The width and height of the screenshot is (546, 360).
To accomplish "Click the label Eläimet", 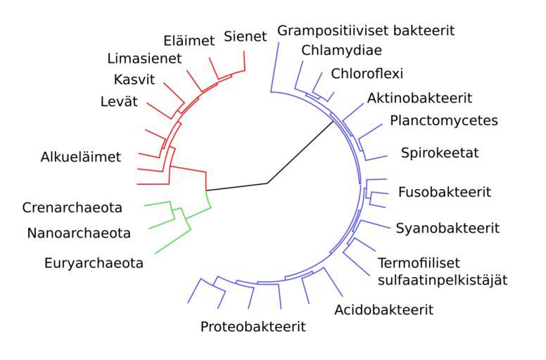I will (189, 41).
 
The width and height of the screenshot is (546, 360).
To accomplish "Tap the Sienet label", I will (246, 37).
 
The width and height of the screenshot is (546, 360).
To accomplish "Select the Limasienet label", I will (145, 58).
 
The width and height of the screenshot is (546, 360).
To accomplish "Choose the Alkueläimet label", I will (81, 157).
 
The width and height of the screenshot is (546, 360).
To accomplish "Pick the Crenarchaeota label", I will (72, 207).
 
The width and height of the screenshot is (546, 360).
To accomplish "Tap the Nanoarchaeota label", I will (79, 233).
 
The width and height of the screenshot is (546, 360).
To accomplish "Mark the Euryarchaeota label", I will (93, 264).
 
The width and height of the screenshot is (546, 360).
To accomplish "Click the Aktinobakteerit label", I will (419, 97).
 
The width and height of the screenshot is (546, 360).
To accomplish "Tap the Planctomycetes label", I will (444, 120).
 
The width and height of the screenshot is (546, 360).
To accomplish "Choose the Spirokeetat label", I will (440, 153).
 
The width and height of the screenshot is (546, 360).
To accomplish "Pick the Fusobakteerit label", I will (445, 192).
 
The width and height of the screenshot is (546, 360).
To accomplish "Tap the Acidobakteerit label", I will (384, 309).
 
